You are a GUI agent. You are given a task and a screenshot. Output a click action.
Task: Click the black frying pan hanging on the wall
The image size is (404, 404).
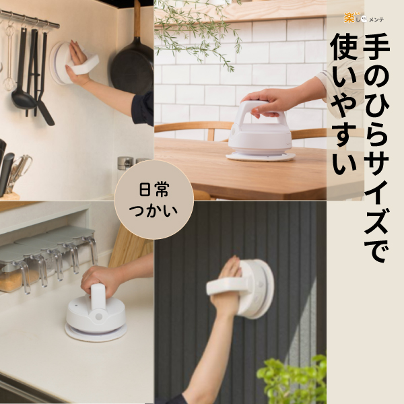pos(132,67)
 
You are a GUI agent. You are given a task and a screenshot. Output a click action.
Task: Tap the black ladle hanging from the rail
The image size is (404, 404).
pos(22,85)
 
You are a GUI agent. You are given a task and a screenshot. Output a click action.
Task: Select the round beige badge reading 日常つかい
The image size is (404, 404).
pos(154,200)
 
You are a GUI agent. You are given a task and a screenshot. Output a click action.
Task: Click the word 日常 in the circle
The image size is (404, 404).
pos(154,189)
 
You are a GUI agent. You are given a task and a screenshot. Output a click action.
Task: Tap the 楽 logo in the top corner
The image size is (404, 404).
pos(349,18)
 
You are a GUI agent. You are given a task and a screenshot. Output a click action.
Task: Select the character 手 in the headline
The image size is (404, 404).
pos(376,47)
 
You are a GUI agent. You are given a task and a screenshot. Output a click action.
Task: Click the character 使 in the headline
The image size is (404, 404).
pos(343,47)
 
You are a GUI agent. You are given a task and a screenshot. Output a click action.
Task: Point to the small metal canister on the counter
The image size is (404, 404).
pos(125,164)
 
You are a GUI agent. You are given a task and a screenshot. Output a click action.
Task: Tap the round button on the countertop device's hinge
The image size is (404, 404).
pos(99,316)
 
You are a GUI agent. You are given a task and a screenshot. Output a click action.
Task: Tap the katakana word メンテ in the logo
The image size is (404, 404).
pos(376,20)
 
